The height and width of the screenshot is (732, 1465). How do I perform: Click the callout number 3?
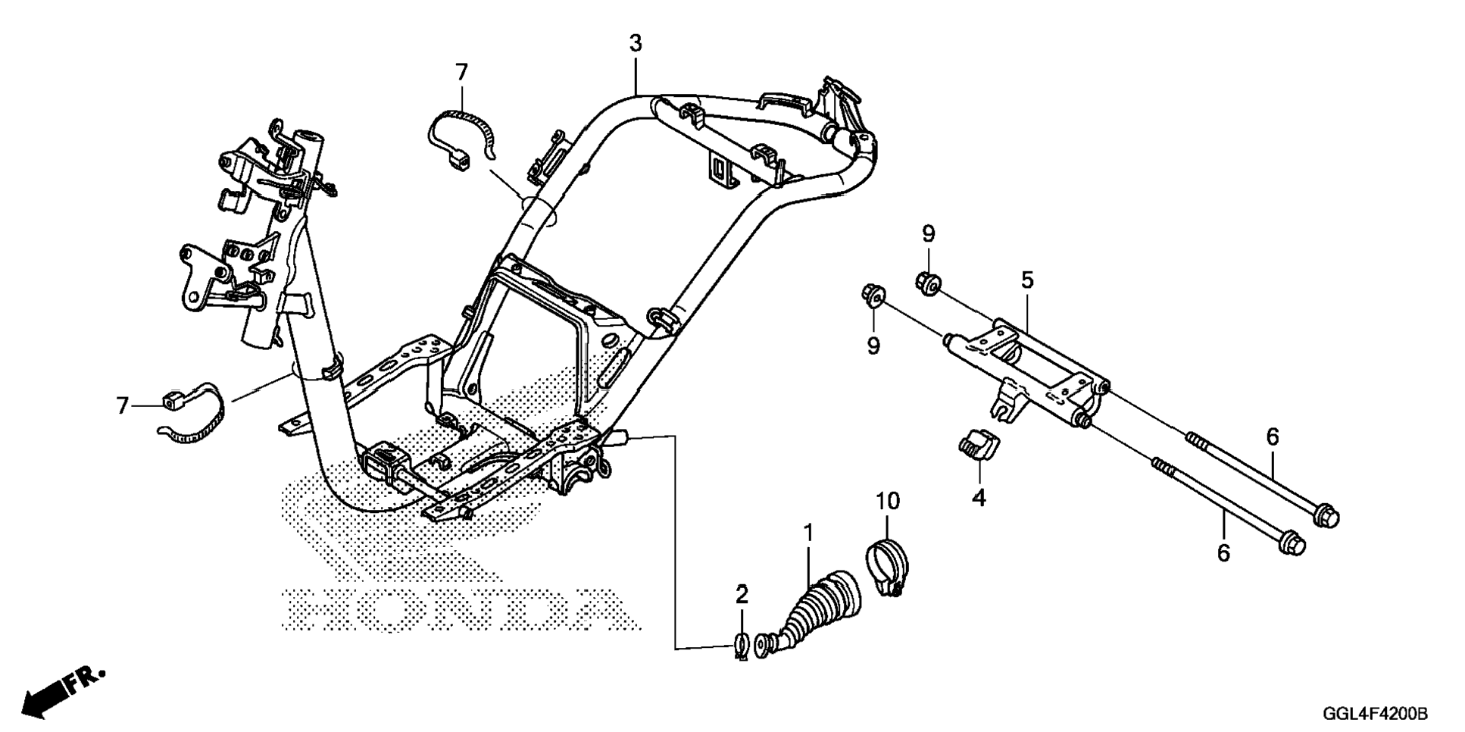635,44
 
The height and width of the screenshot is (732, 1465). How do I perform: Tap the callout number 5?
1026,280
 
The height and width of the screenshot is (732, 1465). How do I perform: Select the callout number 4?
979,498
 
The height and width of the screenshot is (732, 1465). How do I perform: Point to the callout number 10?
888,501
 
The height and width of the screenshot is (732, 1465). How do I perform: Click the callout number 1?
808,533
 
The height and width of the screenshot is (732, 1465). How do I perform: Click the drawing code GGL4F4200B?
1375,714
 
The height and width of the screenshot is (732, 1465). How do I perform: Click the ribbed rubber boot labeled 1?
818,606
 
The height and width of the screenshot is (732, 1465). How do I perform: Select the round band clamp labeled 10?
887,567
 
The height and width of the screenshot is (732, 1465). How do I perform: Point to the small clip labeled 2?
741,646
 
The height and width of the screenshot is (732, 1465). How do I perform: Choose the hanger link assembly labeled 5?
1023,371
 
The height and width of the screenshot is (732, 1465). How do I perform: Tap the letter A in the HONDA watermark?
600,608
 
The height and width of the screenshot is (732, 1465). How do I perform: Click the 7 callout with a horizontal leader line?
123,406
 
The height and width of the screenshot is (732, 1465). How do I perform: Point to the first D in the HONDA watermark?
530,608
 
